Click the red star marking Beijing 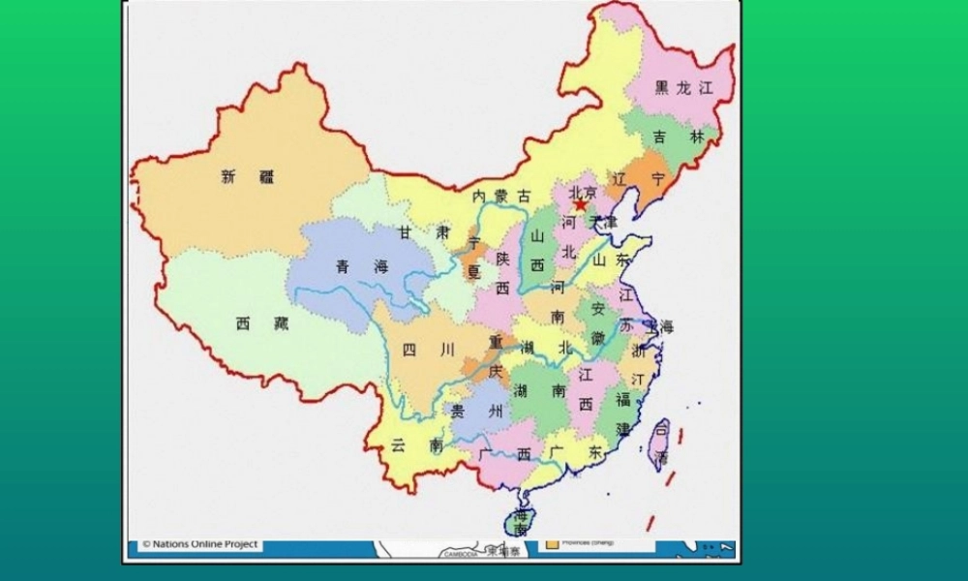tap(580, 205)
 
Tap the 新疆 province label tap(248, 177)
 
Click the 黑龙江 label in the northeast tap(683, 88)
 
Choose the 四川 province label tap(422, 351)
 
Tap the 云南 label tap(417, 445)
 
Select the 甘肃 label tap(424, 232)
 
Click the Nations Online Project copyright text tap(200, 544)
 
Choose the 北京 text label tap(584, 193)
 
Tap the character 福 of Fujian tap(623, 399)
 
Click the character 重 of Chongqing tap(496, 342)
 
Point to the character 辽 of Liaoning tap(620, 179)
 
